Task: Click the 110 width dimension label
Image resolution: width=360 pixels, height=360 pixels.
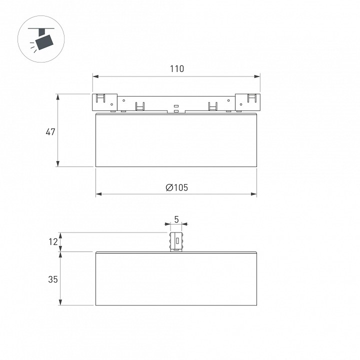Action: click(x=177, y=68)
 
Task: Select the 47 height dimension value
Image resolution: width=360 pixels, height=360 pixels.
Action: click(x=50, y=132)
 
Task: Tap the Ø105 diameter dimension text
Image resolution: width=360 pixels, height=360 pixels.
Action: click(x=177, y=187)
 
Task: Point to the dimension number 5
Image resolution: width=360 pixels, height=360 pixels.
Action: click(x=176, y=219)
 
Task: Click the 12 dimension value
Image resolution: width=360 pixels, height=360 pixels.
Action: click(x=53, y=242)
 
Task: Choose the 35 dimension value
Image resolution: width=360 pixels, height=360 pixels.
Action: click(x=53, y=279)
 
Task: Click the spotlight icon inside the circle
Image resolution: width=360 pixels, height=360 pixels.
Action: click(x=41, y=39)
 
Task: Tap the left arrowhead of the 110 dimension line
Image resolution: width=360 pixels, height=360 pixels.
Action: click(x=95, y=76)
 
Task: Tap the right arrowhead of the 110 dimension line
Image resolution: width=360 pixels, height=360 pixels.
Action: click(x=257, y=76)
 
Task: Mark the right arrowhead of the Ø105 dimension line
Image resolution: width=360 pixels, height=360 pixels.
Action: click(x=253, y=194)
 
